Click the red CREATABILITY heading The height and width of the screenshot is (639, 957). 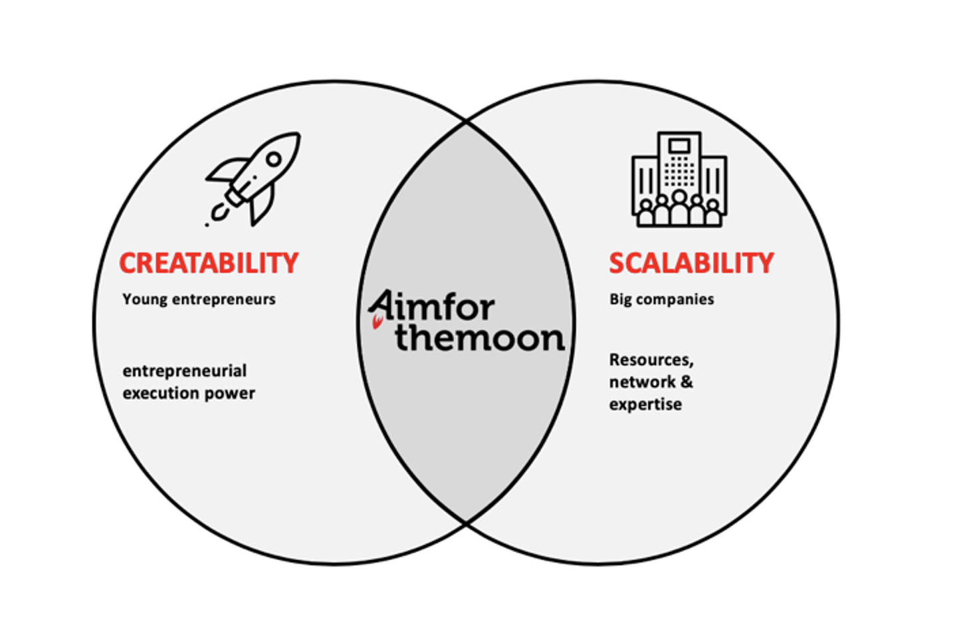(209, 263)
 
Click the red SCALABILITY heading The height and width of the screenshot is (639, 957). (691, 263)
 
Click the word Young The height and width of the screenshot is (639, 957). (145, 300)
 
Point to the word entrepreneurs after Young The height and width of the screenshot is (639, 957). (223, 300)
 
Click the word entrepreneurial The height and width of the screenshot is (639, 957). (184, 371)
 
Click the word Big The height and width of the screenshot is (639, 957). (620, 300)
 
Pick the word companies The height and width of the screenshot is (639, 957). (675, 300)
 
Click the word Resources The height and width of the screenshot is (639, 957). (651, 360)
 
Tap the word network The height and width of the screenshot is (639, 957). (641, 382)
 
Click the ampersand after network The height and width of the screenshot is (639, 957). (687, 382)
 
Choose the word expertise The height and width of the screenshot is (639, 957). (645, 404)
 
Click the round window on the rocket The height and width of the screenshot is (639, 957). (273, 160)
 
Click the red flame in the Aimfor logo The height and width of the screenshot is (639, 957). (377, 323)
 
